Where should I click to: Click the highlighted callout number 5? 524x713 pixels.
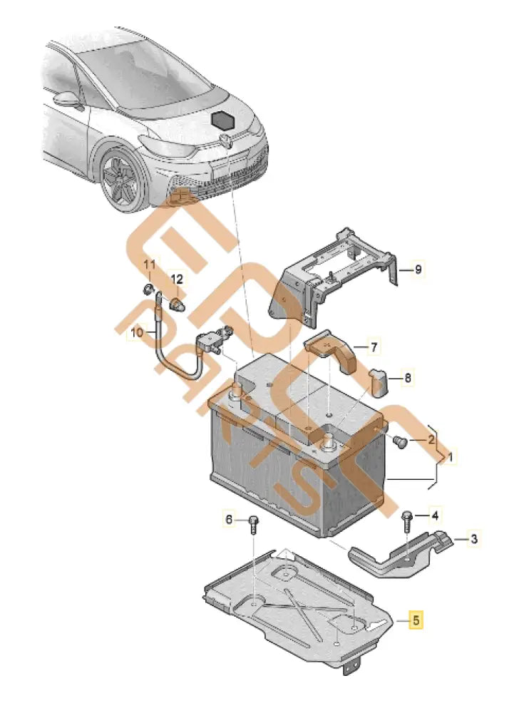tap(415, 620)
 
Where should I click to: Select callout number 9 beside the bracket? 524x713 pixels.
tap(418, 270)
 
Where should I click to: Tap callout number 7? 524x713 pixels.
tap(375, 348)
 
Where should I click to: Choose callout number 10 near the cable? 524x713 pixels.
tap(138, 332)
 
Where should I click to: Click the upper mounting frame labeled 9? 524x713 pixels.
tap(335, 275)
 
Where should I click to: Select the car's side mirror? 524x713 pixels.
tap(65, 98)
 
